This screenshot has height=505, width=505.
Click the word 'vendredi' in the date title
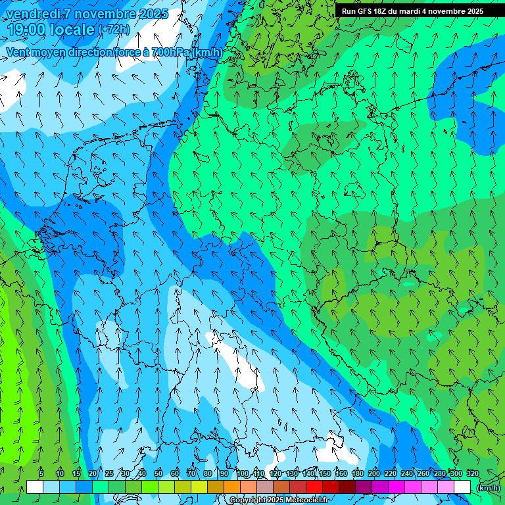(x=29, y=14)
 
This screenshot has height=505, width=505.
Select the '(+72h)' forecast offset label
(x=114, y=30)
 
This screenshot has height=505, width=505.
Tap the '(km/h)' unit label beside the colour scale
(x=488, y=488)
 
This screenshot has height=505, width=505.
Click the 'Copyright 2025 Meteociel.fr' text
(x=280, y=500)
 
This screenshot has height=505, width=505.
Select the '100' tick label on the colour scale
(x=243, y=473)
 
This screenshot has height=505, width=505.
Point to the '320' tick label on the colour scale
(x=472, y=473)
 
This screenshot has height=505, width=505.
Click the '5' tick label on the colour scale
(x=41, y=473)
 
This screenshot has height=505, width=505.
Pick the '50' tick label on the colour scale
(x=158, y=473)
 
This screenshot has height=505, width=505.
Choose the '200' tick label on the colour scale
(x=373, y=473)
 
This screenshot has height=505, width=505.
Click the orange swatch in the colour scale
(x=232, y=487)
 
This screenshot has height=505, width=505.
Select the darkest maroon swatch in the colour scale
(x=347, y=487)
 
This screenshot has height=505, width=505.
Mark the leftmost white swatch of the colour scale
(x=35, y=487)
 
